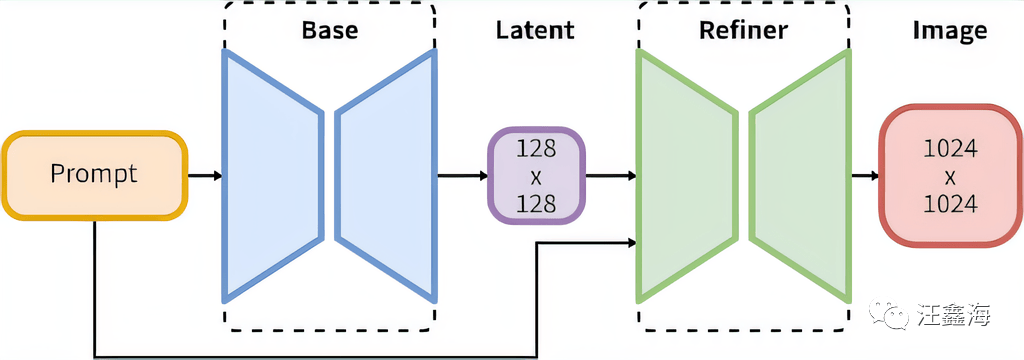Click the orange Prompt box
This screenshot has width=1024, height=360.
coord(95,175)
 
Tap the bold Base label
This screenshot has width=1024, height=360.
coord(330,30)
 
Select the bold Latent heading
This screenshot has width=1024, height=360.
coord(535,30)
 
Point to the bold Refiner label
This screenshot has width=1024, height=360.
coord(744,30)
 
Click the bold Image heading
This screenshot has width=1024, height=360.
coord(950,30)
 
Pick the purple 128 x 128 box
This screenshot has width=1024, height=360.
coord(536,176)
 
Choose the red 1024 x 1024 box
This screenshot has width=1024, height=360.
coord(950,175)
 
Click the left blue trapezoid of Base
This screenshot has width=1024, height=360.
coord(273,176)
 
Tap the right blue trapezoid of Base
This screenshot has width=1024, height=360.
coord(385,176)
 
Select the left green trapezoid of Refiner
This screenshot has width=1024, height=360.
coord(686,176)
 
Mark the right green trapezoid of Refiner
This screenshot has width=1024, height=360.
coord(801,176)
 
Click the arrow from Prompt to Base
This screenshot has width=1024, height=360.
coord(205,175)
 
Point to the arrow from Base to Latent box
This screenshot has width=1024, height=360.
coord(462,175)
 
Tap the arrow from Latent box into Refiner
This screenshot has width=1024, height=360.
coord(611,175)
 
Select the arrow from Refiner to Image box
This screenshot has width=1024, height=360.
coord(865,175)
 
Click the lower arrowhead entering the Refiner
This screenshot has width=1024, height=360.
coord(632,243)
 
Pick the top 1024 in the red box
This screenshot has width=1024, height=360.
coord(950,150)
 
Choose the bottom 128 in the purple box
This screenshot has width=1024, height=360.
coord(536,205)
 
